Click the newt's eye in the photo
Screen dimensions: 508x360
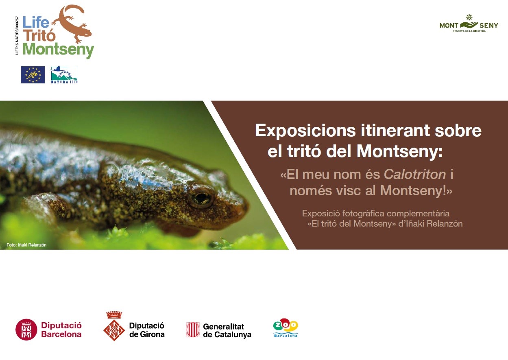pos(200,197)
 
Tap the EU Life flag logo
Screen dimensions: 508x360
pos(33,75)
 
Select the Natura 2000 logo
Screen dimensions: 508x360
pos(64,75)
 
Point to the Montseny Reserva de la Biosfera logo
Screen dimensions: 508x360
pos(469,24)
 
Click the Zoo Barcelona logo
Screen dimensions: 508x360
pos(286,328)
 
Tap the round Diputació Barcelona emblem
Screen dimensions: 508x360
pos(26,329)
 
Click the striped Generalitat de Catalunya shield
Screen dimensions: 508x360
pos(193,329)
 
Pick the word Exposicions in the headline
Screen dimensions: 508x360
pos(305,131)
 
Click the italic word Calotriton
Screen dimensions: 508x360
pos(415,174)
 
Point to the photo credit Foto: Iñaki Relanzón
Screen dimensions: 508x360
pos(26,245)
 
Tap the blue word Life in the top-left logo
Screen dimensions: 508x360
pos(36,22)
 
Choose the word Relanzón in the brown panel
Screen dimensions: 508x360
pos(445,224)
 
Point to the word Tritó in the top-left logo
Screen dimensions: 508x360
pos(39,35)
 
